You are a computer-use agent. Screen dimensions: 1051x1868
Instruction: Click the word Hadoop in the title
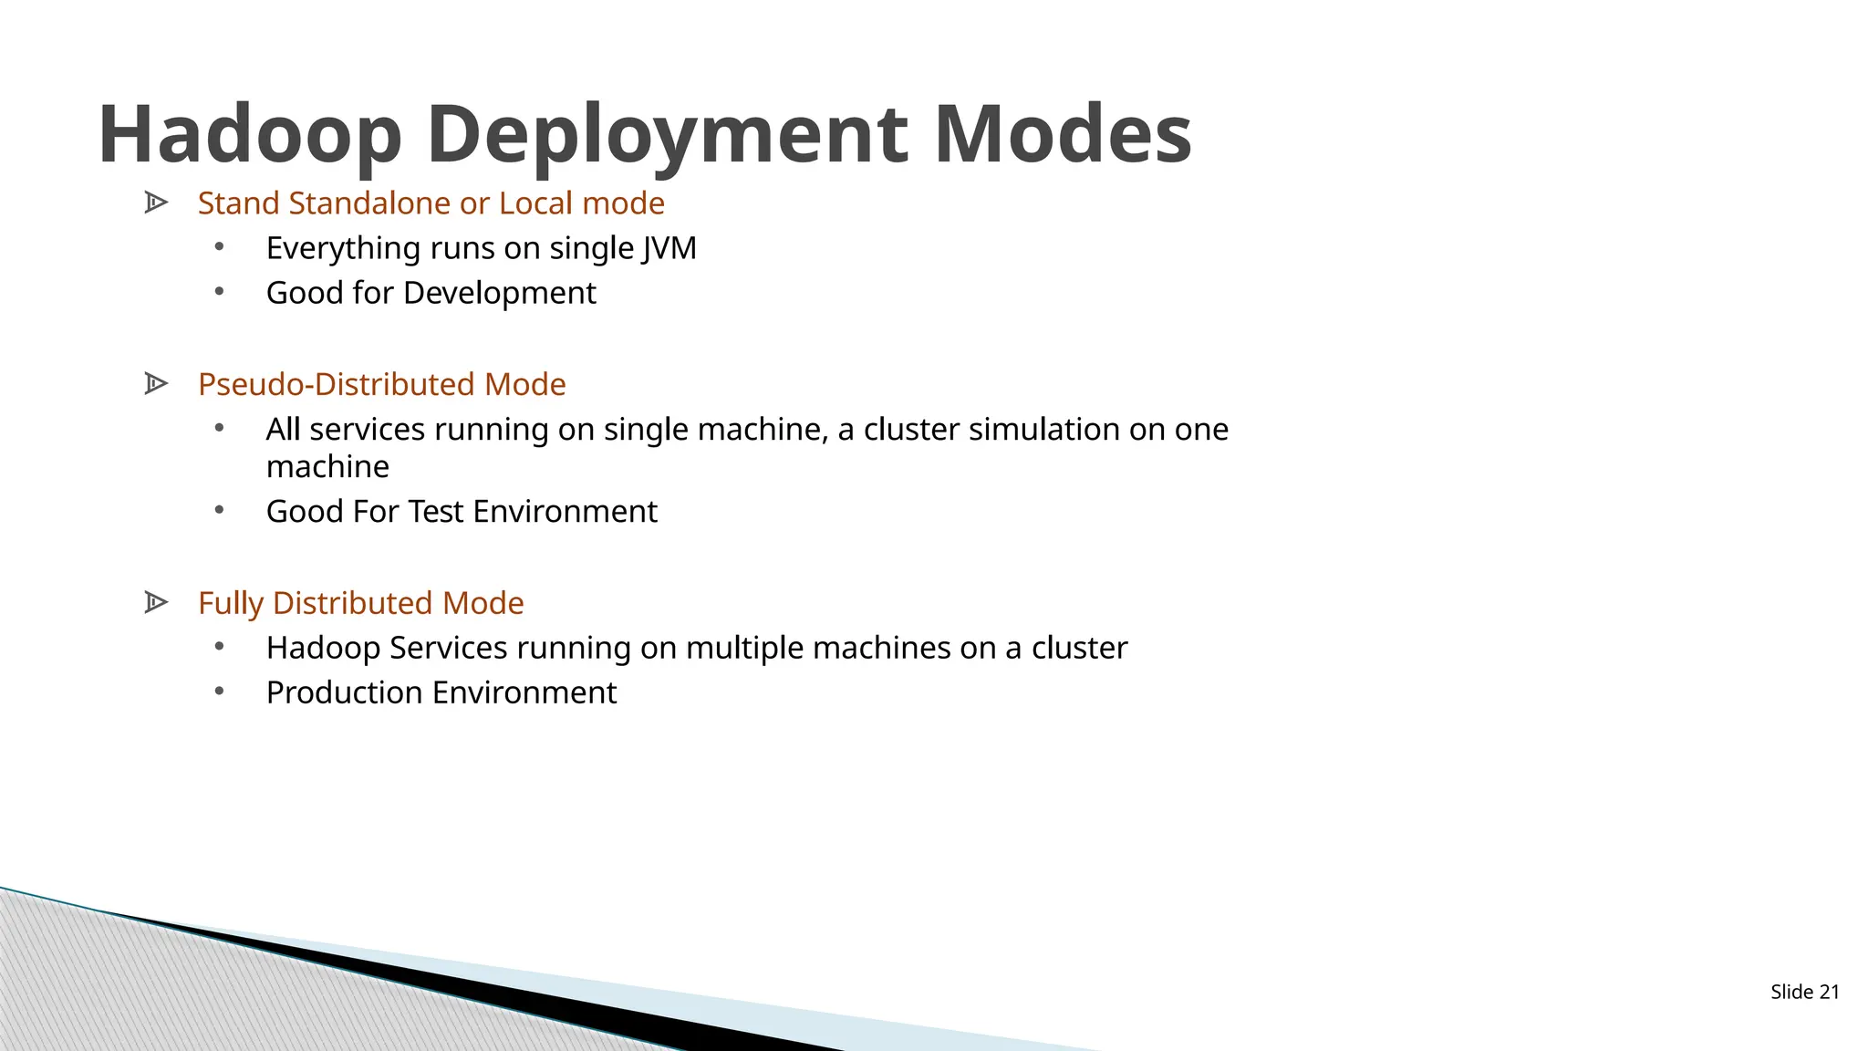(249, 134)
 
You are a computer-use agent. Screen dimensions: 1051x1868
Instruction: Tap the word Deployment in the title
(667, 134)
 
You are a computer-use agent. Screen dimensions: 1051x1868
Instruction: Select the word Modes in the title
(1063, 134)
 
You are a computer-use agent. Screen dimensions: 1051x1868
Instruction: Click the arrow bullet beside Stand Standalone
(156, 203)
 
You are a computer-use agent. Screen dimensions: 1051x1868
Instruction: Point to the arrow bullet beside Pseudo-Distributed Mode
(156, 384)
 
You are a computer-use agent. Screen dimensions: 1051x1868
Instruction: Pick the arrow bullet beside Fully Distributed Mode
(156, 602)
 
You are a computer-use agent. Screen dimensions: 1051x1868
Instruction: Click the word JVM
(668, 248)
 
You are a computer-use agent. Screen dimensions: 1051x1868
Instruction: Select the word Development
(499, 293)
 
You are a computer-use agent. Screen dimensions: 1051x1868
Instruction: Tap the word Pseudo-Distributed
(335, 384)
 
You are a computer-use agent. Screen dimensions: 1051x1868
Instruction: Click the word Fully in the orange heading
(231, 603)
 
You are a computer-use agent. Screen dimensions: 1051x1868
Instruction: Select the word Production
(345, 692)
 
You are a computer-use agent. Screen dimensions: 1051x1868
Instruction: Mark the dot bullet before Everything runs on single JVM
(219, 246)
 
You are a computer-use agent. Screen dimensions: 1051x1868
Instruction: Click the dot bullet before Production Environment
(219, 692)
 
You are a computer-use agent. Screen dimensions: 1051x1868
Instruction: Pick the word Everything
(343, 248)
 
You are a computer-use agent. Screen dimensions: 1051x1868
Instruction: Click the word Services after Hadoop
(448, 648)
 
